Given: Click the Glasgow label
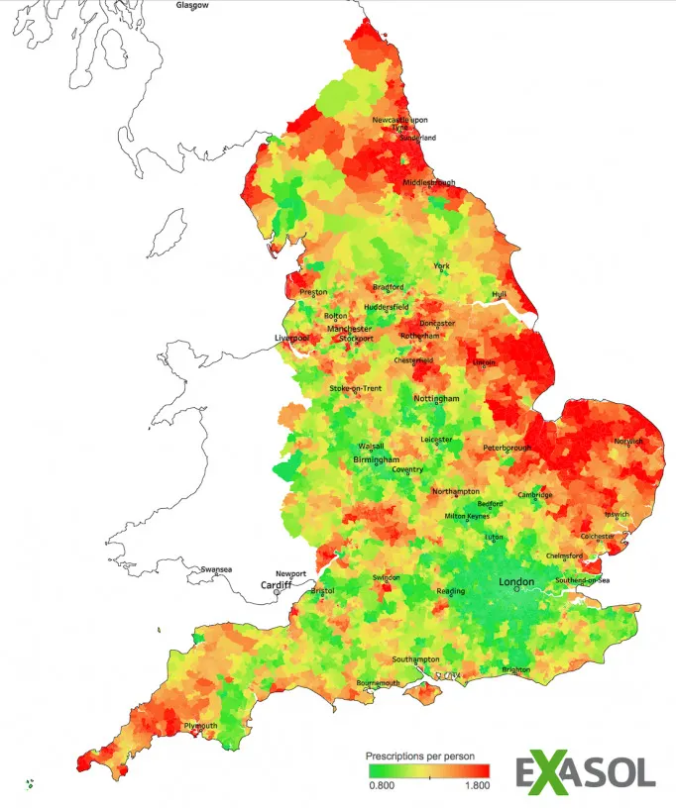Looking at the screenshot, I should point(192,5).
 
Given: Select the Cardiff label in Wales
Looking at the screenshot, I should point(277,584).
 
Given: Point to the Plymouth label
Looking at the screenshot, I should point(200,726).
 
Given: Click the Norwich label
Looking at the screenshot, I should point(628,441).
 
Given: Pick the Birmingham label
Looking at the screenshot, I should point(377,460).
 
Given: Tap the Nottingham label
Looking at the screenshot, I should point(436,398).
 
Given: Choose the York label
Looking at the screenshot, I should point(442,266).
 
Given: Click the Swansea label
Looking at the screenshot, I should point(215,569).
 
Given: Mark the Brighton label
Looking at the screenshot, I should point(515,669).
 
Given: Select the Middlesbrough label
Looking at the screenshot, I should point(429,182).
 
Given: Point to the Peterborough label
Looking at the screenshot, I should point(507,448).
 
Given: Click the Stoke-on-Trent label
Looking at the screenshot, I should point(356,388).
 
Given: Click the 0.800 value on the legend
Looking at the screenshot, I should point(382,785).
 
